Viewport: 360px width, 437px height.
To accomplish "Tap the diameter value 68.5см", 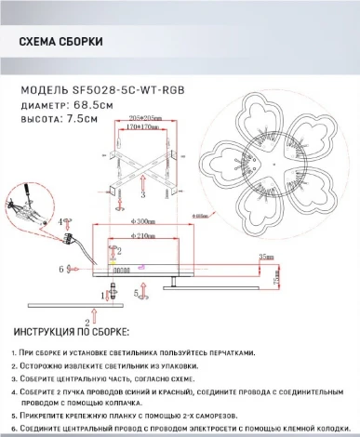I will pos(95,105).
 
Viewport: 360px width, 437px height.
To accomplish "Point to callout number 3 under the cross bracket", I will pos(142,197).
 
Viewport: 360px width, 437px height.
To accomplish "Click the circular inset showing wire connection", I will pos(25,206).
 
